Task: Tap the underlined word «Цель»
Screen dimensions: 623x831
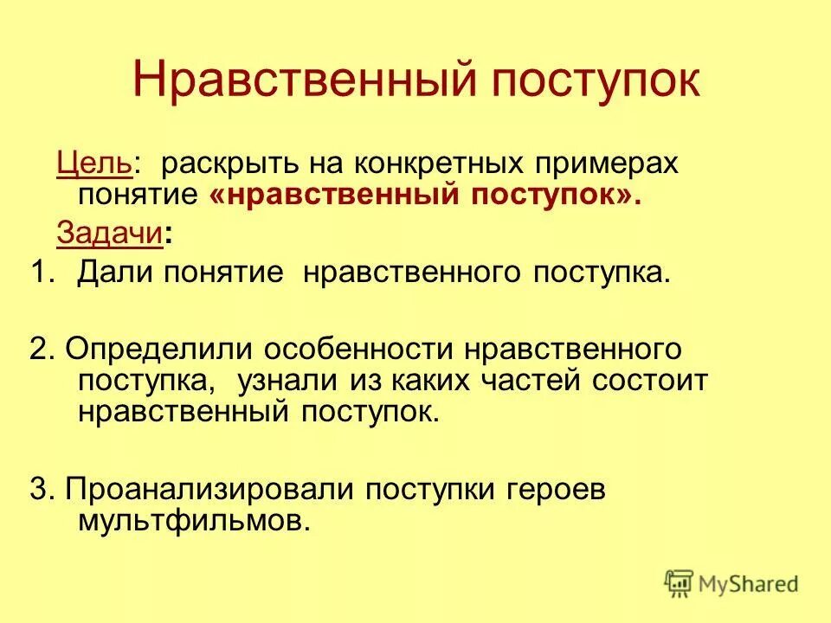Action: [94, 164]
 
